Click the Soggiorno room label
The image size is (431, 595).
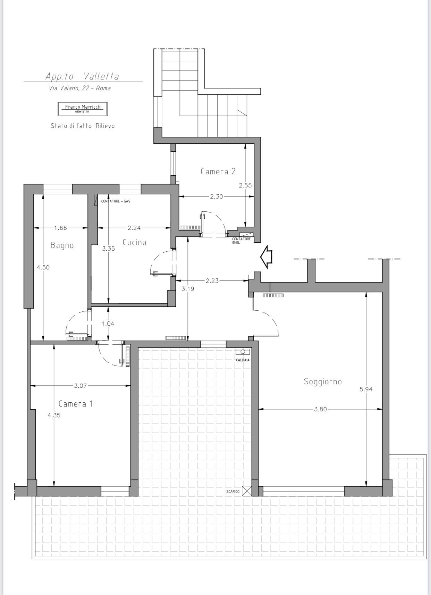323,382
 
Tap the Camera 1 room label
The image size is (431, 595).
75,404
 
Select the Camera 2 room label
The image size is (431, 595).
218,171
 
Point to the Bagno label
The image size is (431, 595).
62,245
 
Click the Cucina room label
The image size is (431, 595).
134,242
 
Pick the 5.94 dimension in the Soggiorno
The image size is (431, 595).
366,389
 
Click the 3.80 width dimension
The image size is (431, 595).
320,409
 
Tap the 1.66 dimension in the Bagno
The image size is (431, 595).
60,228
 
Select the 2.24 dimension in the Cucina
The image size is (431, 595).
134,228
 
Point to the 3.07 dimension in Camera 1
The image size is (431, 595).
81,386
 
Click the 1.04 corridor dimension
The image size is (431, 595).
108,324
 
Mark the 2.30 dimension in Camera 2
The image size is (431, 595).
217,196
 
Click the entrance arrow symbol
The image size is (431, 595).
266,257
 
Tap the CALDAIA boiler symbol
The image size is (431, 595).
243,352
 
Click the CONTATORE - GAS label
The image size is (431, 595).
116,201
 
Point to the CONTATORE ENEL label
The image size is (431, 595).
242,241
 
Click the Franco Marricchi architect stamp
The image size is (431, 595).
83,109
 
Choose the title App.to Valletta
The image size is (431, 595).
82,76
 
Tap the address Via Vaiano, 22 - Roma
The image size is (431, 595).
80,88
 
